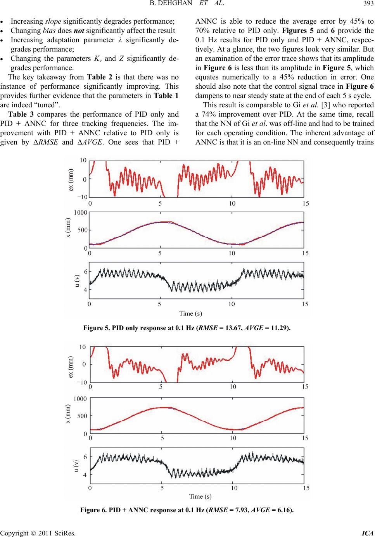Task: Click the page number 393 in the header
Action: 368,3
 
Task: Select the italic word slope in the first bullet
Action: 53,21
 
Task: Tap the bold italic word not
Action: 79,31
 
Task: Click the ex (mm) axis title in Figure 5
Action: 71,180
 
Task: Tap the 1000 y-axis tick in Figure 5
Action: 80,213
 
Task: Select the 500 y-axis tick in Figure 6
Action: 82,416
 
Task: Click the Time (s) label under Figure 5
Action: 190,313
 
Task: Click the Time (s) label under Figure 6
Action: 200,496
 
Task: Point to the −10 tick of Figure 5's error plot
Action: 82,197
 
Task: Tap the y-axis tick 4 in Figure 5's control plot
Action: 85,289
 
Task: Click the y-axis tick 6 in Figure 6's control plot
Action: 85,457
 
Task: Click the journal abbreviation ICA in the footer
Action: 368,533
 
